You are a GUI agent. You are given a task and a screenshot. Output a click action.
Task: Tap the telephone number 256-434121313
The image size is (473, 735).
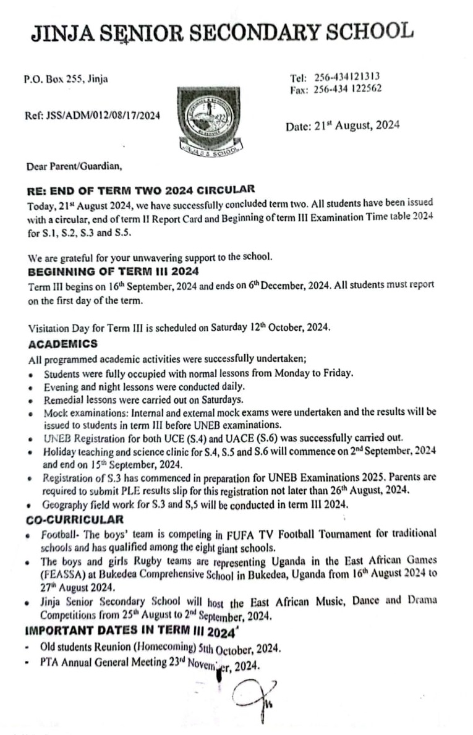click(x=347, y=77)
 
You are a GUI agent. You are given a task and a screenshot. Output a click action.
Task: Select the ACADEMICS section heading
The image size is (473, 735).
click(x=63, y=344)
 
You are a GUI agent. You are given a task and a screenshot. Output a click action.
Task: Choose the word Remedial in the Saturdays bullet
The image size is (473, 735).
click(x=63, y=400)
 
